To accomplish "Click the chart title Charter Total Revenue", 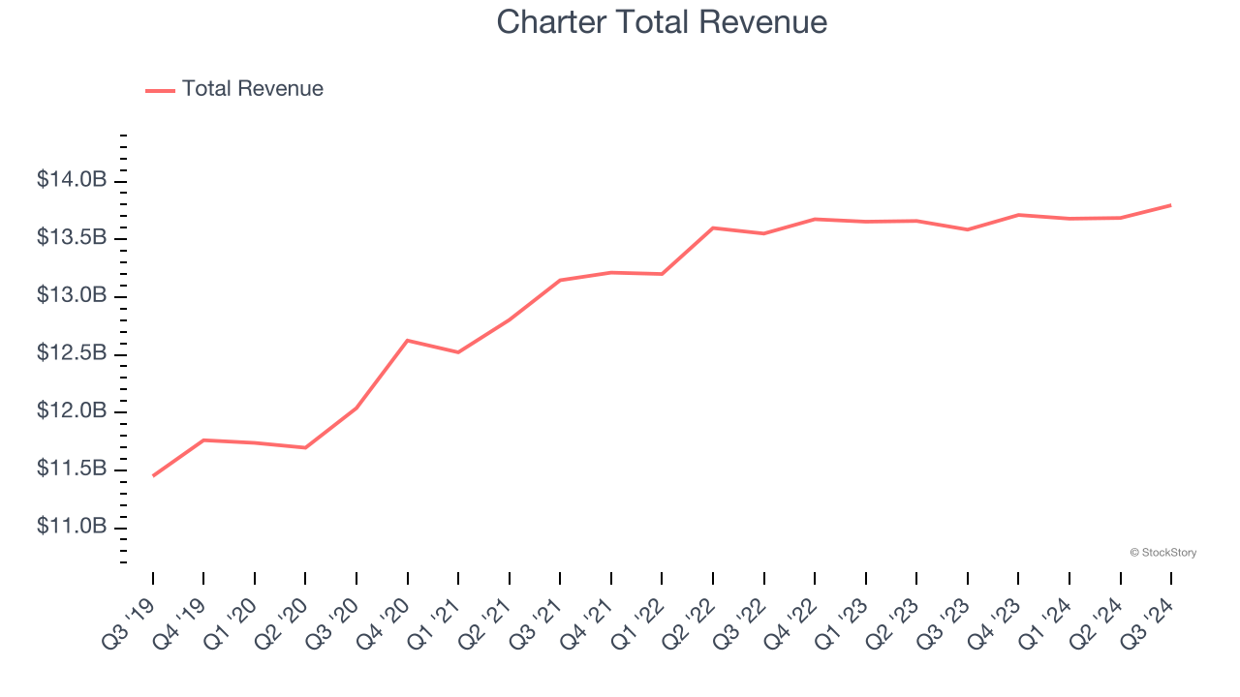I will (x=662, y=22).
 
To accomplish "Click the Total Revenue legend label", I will (x=252, y=89).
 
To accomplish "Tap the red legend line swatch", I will (x=160, y=90).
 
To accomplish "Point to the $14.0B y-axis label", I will (x=72, y=180).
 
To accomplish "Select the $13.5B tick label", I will (x=72, y=238).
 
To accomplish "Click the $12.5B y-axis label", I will (x=72, y=353).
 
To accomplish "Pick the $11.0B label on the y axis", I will (x=72, y=527).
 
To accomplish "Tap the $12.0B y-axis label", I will (x=72, y=411).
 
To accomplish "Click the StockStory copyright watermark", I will (x=1162, y=553).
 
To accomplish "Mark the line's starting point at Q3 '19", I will (x=153, y=475).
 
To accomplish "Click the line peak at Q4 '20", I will (x=407, y=341).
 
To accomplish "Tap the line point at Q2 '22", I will (x=713, y=227).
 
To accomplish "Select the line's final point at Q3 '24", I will (x=1170, y=205).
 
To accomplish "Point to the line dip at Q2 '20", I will (x=305, y=447).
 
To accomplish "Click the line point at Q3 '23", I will (x=967, y=229).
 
